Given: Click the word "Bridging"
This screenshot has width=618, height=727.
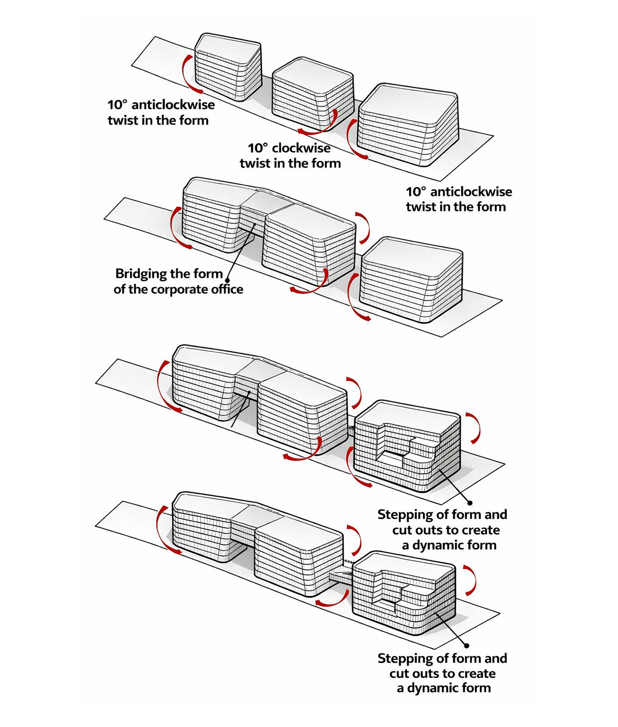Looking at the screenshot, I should pos(141,274).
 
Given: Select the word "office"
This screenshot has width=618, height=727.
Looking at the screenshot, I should pos(227,289).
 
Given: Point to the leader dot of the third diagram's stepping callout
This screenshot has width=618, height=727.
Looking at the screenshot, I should pos(470,503).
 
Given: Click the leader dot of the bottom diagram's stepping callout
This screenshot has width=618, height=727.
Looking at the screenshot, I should pos(466,646).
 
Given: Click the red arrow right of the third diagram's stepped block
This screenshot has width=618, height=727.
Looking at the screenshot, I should pos(475,426).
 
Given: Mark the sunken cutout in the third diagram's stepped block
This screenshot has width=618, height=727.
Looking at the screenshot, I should pos(393,458).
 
